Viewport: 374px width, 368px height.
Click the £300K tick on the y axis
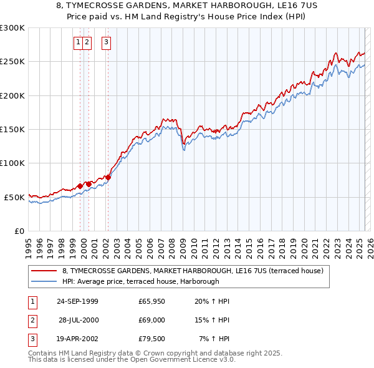pyautogui.click(x=12, y=28)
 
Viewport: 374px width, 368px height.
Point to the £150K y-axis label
pyautogui.click(x=12, y=130)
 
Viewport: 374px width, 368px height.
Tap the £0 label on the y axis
pyautogui.click(x=18, y=231)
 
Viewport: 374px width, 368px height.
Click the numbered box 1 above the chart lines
pyautogui.click(x=78, y=42)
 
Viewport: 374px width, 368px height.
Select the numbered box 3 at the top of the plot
pyautogui.click(x=107, y=42)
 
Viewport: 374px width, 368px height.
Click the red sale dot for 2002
pyautogui.click(x=108, y=177)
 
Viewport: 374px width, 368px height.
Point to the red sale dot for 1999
pyautogui.click(x=80, y=186)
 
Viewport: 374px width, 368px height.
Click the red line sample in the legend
pyautogui.click(x=45, y=271)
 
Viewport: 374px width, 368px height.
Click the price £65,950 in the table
pyautogui.click(x=151, y=301)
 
